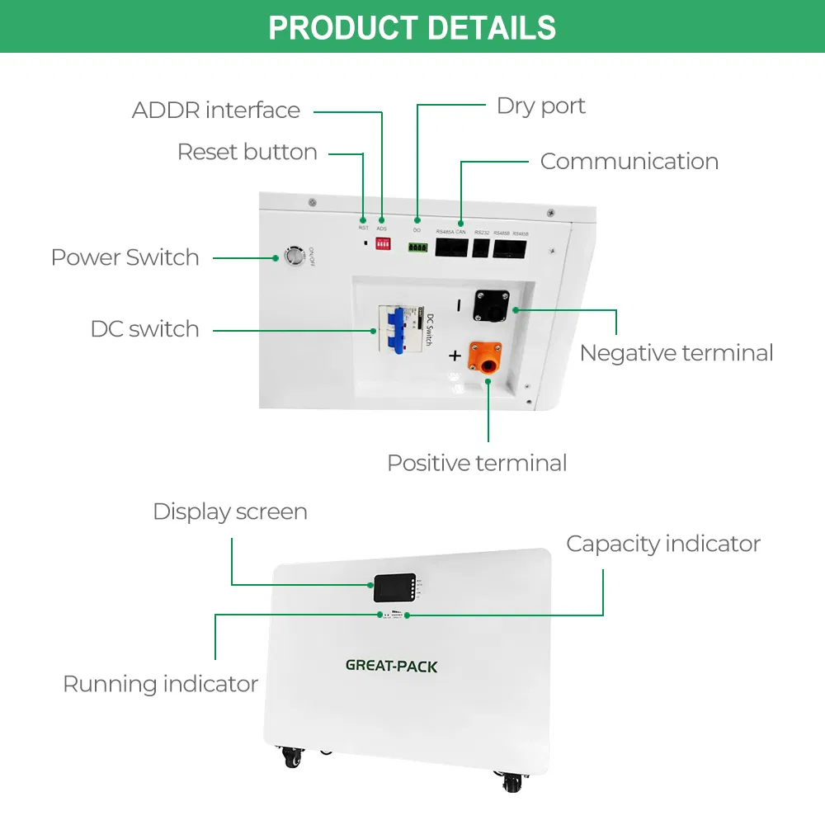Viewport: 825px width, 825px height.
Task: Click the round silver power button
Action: [x=293, y=257]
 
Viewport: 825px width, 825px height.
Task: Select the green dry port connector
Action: [x=417, y=247]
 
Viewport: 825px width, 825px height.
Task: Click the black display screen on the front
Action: [x=391, y=588]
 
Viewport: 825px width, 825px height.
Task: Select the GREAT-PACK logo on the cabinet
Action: [x=391, y=666]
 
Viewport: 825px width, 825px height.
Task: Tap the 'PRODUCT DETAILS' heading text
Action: [x=412, y=27]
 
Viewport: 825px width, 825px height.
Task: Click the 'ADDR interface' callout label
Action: [x=216, y=111]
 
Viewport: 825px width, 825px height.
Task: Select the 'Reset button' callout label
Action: [x=247, y=153]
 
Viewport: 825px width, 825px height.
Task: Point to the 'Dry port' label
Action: [x=541, y=106]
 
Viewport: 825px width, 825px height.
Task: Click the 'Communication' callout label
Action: [x=629, y=162]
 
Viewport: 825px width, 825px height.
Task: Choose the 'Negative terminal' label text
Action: [x=676, y=353]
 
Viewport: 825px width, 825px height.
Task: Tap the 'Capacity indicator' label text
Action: [x=662, y=544]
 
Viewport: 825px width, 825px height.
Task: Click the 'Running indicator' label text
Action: [x=160, y=685]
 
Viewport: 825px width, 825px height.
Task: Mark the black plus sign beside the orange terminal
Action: [x=454, y=356]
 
